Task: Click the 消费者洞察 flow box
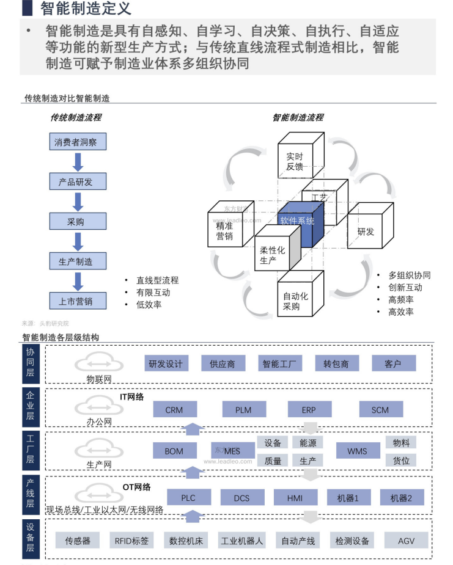pos(78,142)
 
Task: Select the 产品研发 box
pos(78,181)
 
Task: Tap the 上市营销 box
pos(78,301)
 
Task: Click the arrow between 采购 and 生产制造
pos(78,241)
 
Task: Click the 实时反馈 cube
pos(299,161)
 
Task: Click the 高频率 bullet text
pos(401,299)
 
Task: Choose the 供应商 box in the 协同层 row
pos(223,363)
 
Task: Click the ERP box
pos(309,410)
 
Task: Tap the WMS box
pos(357,451)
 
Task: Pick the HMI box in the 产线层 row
pos(295,498)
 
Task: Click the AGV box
pos(406,541)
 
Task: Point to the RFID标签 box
pos(131,541)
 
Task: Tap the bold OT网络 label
pos(136,487)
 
